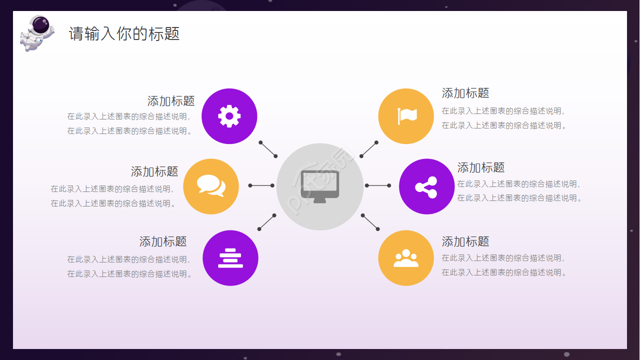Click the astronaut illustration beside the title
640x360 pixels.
coord(37,33)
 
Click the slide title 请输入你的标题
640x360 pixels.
coord(124,33)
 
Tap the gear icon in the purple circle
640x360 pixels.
coord(229,116)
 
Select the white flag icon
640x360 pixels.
coord(407,116)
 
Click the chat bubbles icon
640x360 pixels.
coord(211,185)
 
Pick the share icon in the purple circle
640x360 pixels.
coord(426,187)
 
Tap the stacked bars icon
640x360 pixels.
coord(230,258)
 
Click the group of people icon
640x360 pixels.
coord(406,258)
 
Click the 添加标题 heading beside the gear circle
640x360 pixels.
coord(171,101)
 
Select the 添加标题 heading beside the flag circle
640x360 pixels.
coord(465,93)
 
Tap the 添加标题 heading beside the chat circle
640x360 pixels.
coord(154,171)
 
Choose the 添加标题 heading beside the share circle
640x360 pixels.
coord(481,167)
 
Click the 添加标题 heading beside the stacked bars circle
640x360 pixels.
coord(163,241)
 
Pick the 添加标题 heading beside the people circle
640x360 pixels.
coord(465,241)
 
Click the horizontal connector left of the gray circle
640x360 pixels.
coord(261,185)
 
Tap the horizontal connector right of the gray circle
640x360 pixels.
coord(377,185)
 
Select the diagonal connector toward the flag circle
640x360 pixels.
coord(369,149)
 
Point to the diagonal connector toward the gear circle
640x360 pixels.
coord(268,149)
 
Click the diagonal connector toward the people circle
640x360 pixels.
coord(370,222)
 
